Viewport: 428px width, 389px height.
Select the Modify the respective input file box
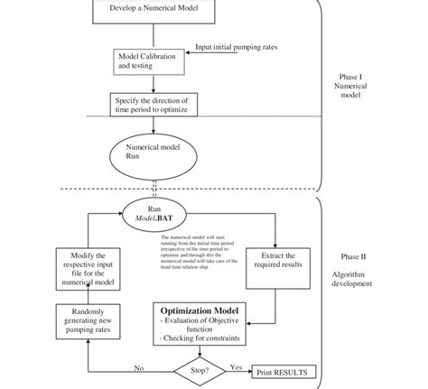pyautogui.click(x=88, y=269)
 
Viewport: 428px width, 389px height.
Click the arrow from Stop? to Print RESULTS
pyautogui.click(x=237, y=371)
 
